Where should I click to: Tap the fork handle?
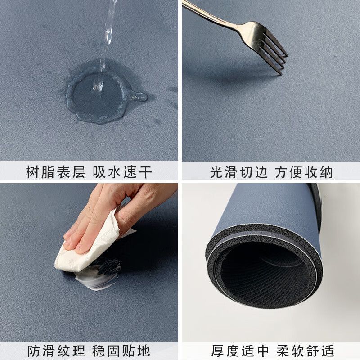pyautogui.click(x=211, y=13)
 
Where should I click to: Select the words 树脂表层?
pyautogui.click(x=55, y=172)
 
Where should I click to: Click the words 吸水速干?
pyautogui.click(x=122, y=172)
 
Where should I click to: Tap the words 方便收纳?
pyautogui.click(x=304, y=172)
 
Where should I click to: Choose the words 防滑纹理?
pyautogui.click(x=55, y=351)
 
